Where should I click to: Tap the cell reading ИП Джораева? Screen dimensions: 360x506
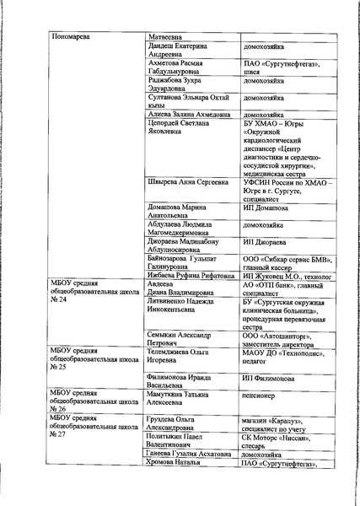264,241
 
